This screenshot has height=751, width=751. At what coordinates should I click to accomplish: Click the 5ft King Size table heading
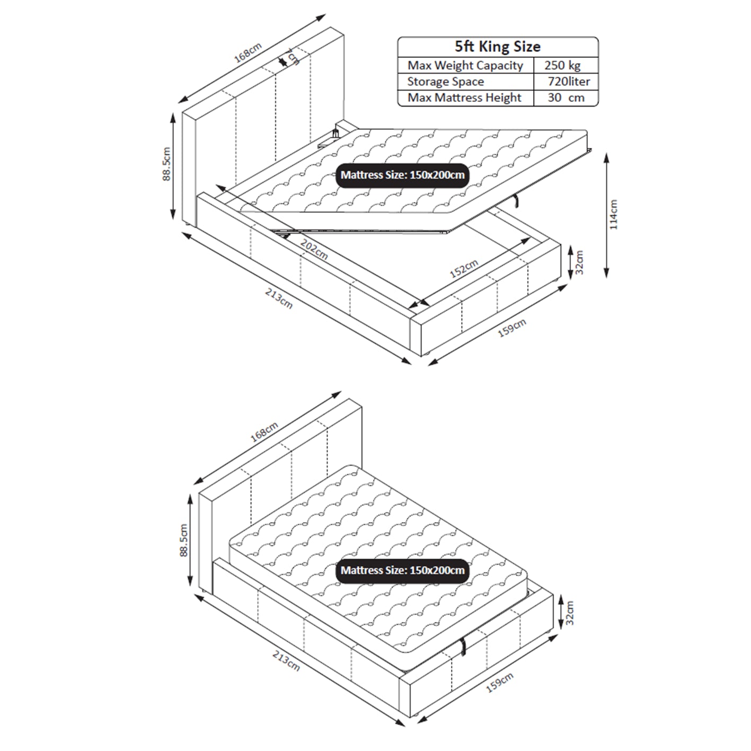(x=498, y=47)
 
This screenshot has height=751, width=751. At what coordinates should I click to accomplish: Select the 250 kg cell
(x=562, y=66)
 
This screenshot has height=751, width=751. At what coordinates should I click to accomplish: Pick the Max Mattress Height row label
(x=464, y=98)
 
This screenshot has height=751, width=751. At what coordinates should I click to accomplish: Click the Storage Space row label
(x=445, y=82)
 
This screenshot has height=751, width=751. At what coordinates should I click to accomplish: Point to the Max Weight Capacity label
(x=465, y=66)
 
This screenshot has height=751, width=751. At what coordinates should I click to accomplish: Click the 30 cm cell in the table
(x=566, y=98)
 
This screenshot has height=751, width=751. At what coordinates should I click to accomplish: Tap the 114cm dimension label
(x=614, y=215)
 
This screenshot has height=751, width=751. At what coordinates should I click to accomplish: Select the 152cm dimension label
(x=464, y=269)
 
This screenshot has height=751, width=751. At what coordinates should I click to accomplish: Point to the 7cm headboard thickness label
(x=293, y=56)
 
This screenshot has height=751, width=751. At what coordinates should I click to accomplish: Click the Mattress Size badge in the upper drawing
(x=402, y=175)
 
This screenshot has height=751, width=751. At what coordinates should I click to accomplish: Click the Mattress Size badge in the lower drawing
(x=402, y=571)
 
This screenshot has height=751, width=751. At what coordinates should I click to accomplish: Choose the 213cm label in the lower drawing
(x=286, y=660)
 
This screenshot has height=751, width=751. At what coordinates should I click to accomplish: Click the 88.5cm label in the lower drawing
(x=184, y=541)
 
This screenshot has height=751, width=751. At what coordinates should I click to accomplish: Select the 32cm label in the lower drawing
(x=569, y=612)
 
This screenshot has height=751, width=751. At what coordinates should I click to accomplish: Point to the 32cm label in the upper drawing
(x=579, y=262)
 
